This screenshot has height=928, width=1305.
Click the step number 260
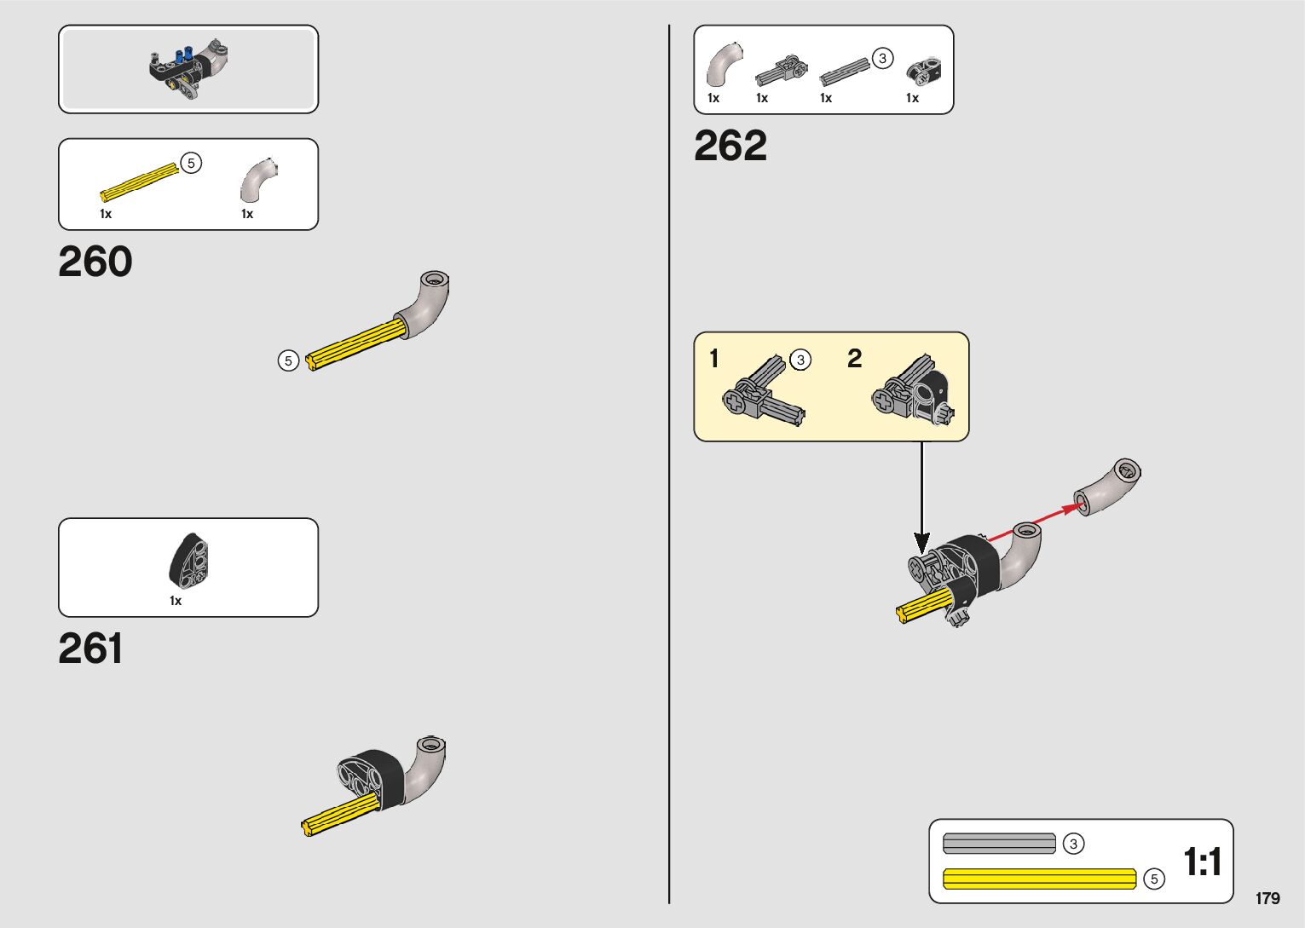(95, 262)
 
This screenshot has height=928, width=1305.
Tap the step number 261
(90, 648)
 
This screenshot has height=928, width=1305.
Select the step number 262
(730, 146)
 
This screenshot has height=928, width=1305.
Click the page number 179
(1267, 898)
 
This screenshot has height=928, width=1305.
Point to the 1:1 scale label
(1203, 862)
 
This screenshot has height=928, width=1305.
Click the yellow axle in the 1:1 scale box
(1039, 879)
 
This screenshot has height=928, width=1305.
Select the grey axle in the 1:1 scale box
(999, 844)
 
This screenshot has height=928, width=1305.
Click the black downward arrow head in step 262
(921, 543)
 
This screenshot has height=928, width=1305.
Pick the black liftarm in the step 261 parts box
(189, 560)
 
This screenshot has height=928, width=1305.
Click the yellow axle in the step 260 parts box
(140, 182)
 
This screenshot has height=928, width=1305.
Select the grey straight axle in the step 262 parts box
(845, 72)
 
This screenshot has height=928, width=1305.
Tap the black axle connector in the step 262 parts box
(922, 71)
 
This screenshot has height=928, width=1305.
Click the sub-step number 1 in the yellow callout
(714, 359)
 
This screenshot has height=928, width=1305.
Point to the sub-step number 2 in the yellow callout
(854, 359)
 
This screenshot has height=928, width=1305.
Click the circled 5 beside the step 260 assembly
(288, 361)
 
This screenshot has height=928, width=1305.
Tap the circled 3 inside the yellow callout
(800, 360)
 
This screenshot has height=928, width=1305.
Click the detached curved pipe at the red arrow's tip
(1107, 487)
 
